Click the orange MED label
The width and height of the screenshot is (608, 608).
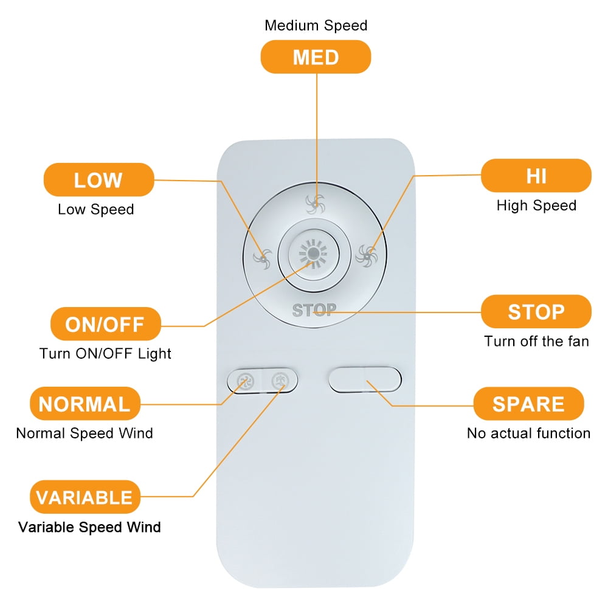(316, 57)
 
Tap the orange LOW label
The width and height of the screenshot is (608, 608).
(98, 180)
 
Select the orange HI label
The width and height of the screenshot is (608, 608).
(536, 176)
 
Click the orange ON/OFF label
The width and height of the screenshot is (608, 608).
(105, 324)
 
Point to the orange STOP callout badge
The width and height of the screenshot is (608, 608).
(536, 312)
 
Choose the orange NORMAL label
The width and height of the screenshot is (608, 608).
(85, 404)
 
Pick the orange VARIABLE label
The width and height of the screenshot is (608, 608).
(85, 497)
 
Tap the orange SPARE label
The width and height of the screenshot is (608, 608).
(528, 404)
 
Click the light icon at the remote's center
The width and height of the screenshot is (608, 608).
(314, 252)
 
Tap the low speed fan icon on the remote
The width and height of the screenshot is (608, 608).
(263, 258)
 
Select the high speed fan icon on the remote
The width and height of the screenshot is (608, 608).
(367, 254)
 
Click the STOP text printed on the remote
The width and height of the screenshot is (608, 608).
(314, 310)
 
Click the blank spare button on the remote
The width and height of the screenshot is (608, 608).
(365, 381)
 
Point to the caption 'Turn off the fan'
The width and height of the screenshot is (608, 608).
(536, 341)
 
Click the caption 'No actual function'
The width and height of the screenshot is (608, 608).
(528, 434)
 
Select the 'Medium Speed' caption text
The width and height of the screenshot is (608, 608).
(316, 26)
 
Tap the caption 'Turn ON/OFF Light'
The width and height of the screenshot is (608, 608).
(105, 353)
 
